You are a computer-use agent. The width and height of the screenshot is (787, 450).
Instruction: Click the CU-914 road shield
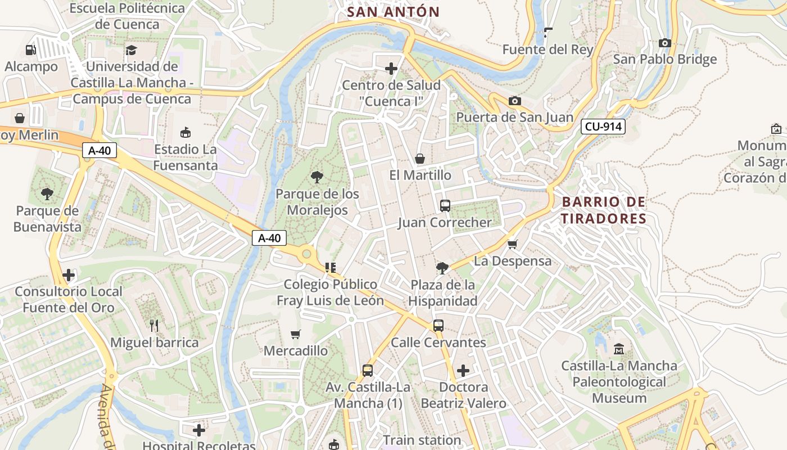click(x=603, y=127)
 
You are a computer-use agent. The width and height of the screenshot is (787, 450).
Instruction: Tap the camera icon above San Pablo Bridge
click(x=665, y=43)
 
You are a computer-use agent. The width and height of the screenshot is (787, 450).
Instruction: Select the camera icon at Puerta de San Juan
click(x=514, y=101)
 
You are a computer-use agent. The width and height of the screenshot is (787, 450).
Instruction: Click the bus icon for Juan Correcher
click(x=445, y=206)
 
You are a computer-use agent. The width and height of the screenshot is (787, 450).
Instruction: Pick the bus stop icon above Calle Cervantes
click(x=438, y=325)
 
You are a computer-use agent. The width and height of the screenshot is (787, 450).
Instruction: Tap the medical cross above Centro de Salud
click(x=391, y=69)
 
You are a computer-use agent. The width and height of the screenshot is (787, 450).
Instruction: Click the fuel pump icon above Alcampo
click(x=31, y=50)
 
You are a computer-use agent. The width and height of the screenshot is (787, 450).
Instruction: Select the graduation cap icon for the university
click(x=131, y=50)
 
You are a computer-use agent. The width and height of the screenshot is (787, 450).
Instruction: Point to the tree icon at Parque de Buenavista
click(x=47, y=194)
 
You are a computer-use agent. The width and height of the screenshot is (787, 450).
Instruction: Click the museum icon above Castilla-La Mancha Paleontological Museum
click(x=619, y=349)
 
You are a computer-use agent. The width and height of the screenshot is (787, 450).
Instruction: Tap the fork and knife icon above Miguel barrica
click(x=154, y=325)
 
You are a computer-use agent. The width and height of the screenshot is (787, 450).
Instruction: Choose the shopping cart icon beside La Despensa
click(x=512, y=244)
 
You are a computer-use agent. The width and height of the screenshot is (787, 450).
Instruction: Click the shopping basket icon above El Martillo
click(x=419, y=159)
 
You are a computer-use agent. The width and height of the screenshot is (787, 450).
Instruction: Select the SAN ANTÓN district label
click(x=393, y=12)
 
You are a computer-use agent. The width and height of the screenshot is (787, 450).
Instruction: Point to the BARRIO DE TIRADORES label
click(x=603, y=210)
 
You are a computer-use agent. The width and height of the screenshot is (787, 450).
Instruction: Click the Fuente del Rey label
click(x=548, y=49)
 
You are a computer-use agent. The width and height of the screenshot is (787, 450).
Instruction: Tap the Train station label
click(x=422, y=440)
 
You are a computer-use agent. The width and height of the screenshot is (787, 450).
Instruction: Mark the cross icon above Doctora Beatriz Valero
click(x=463, y=371)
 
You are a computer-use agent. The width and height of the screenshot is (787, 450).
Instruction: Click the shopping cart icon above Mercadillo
click(x=296, y=334)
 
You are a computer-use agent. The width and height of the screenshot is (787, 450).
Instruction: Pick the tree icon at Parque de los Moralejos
click(x=317, y=177)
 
